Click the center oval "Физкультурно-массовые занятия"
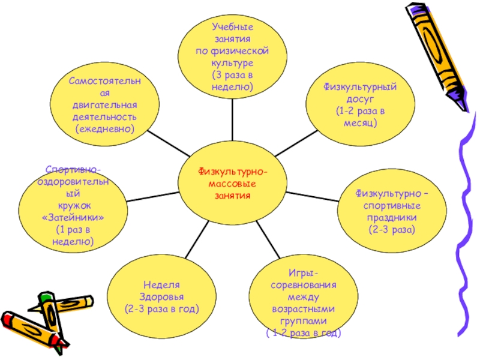(x=233, y=181)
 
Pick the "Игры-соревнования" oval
(x=302, y=303)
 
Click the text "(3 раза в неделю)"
(x=232, y=82)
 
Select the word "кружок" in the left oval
(x=73, y=205)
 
